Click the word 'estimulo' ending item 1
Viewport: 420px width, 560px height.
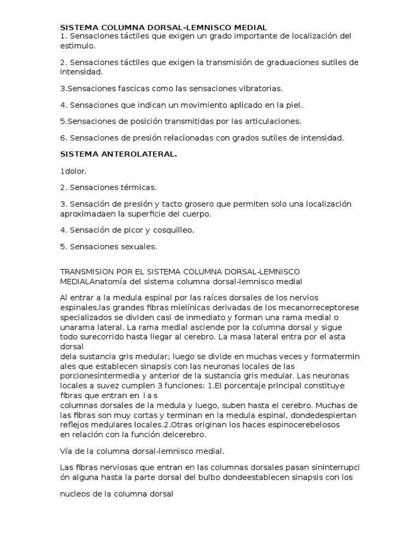click(x=77, y=46)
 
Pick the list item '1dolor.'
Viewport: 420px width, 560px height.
click(x=73, y=171)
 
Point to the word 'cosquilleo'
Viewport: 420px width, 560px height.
click(x=173, y=230)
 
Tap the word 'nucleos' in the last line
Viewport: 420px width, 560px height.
click(x=75, y=494)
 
